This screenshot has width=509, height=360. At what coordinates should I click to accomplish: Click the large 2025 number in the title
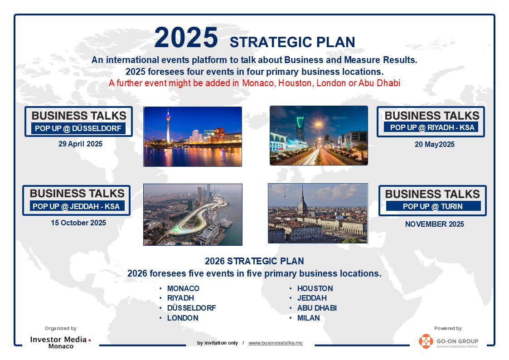[186, 38]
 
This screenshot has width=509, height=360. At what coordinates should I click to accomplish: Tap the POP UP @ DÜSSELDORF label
[78, 128]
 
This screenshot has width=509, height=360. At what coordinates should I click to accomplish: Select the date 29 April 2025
[80, 144]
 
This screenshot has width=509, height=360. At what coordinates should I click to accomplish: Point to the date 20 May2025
[434, 145]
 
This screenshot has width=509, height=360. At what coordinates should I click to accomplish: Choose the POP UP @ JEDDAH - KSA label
[76, 206]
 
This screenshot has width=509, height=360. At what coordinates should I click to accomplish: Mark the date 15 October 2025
[78, 223]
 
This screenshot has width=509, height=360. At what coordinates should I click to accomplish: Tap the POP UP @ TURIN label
[433, 206]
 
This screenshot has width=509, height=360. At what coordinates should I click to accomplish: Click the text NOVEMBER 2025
[434, 224]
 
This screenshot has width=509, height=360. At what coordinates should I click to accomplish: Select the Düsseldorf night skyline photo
[193, 136]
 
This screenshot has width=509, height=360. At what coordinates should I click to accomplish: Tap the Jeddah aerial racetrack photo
[193, 214]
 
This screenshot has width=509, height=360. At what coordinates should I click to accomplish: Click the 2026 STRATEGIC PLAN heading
[254, 261]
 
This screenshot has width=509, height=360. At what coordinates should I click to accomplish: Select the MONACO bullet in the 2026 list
[183, 288]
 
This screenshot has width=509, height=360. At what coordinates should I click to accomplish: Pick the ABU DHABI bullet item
[316, 308]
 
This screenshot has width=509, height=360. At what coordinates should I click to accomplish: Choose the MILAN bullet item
[308, 318]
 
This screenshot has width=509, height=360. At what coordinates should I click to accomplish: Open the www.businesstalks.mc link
[275, 343]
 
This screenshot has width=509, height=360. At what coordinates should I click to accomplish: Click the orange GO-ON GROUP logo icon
[426, 341]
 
